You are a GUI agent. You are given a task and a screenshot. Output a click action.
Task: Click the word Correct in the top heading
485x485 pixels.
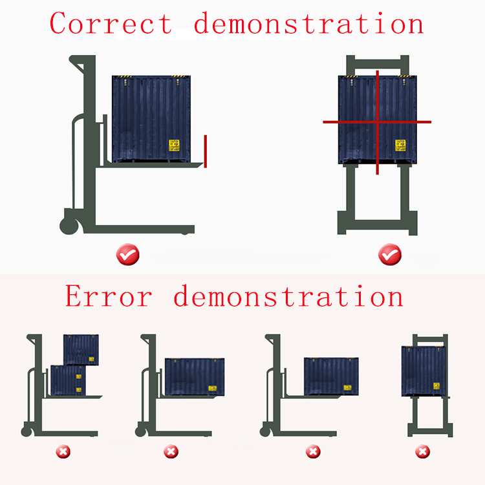tap(111, 24)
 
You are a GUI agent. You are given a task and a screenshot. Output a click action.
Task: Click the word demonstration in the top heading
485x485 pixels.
tap(309, 24)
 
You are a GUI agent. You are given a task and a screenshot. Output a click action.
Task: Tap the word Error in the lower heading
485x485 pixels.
tap(109, 297)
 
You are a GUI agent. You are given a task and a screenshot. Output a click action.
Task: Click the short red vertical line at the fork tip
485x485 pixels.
tap(206, 151)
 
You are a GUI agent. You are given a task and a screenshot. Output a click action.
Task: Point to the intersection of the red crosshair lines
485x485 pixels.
tap(378, 122)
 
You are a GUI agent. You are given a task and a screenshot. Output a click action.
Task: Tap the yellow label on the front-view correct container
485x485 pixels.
tap(401, 145)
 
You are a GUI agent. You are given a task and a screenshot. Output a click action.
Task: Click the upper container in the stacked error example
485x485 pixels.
tap(81, 350)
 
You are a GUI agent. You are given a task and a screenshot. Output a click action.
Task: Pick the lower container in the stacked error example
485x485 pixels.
tap(68, 380)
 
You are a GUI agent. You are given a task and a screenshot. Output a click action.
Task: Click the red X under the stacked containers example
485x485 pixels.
tap(63, 451)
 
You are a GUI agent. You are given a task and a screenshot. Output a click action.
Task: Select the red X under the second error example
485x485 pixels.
tap(171, 451)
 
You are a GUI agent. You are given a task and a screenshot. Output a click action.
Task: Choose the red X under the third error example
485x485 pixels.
tap(312, 451)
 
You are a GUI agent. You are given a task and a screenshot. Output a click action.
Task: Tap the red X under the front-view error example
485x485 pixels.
tap(422, 451)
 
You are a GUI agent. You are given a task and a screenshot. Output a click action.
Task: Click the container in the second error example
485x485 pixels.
tap(194, 376)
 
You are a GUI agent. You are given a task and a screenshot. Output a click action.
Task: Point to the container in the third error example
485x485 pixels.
tap(331, 376)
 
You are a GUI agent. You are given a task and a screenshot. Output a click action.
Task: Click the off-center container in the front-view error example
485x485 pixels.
tap(424, 371)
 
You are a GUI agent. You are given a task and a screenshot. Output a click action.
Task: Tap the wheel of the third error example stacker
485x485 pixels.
tap(266, 430)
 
